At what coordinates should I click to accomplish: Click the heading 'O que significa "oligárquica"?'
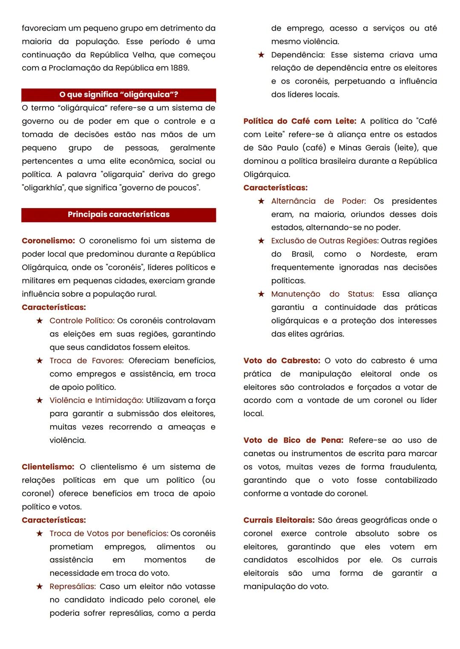point(118,94)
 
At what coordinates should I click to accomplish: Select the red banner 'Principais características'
point(118,214)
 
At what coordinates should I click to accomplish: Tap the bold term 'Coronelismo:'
point(48,241)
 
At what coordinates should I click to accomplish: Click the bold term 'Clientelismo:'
point(48,467)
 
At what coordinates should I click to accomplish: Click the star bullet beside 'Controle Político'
point(40,321)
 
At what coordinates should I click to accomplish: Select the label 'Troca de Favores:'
point(86,361)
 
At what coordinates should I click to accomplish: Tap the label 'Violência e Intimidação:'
point(96,400)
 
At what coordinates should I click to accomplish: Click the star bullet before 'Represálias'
point(40,587)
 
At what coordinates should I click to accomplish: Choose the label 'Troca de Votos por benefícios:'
point(109,534)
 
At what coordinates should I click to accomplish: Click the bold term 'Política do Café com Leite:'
point(300,121)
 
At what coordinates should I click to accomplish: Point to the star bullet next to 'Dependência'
point(261,55)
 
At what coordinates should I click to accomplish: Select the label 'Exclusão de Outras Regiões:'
point(324,241)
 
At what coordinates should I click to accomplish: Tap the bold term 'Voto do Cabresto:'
point(282,361)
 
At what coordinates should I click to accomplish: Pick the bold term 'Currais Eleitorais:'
point(279,520)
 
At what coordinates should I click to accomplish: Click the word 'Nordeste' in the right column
point(388,254)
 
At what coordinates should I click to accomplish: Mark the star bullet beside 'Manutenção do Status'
point(261,294)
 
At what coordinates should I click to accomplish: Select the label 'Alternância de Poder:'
point(319,201)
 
